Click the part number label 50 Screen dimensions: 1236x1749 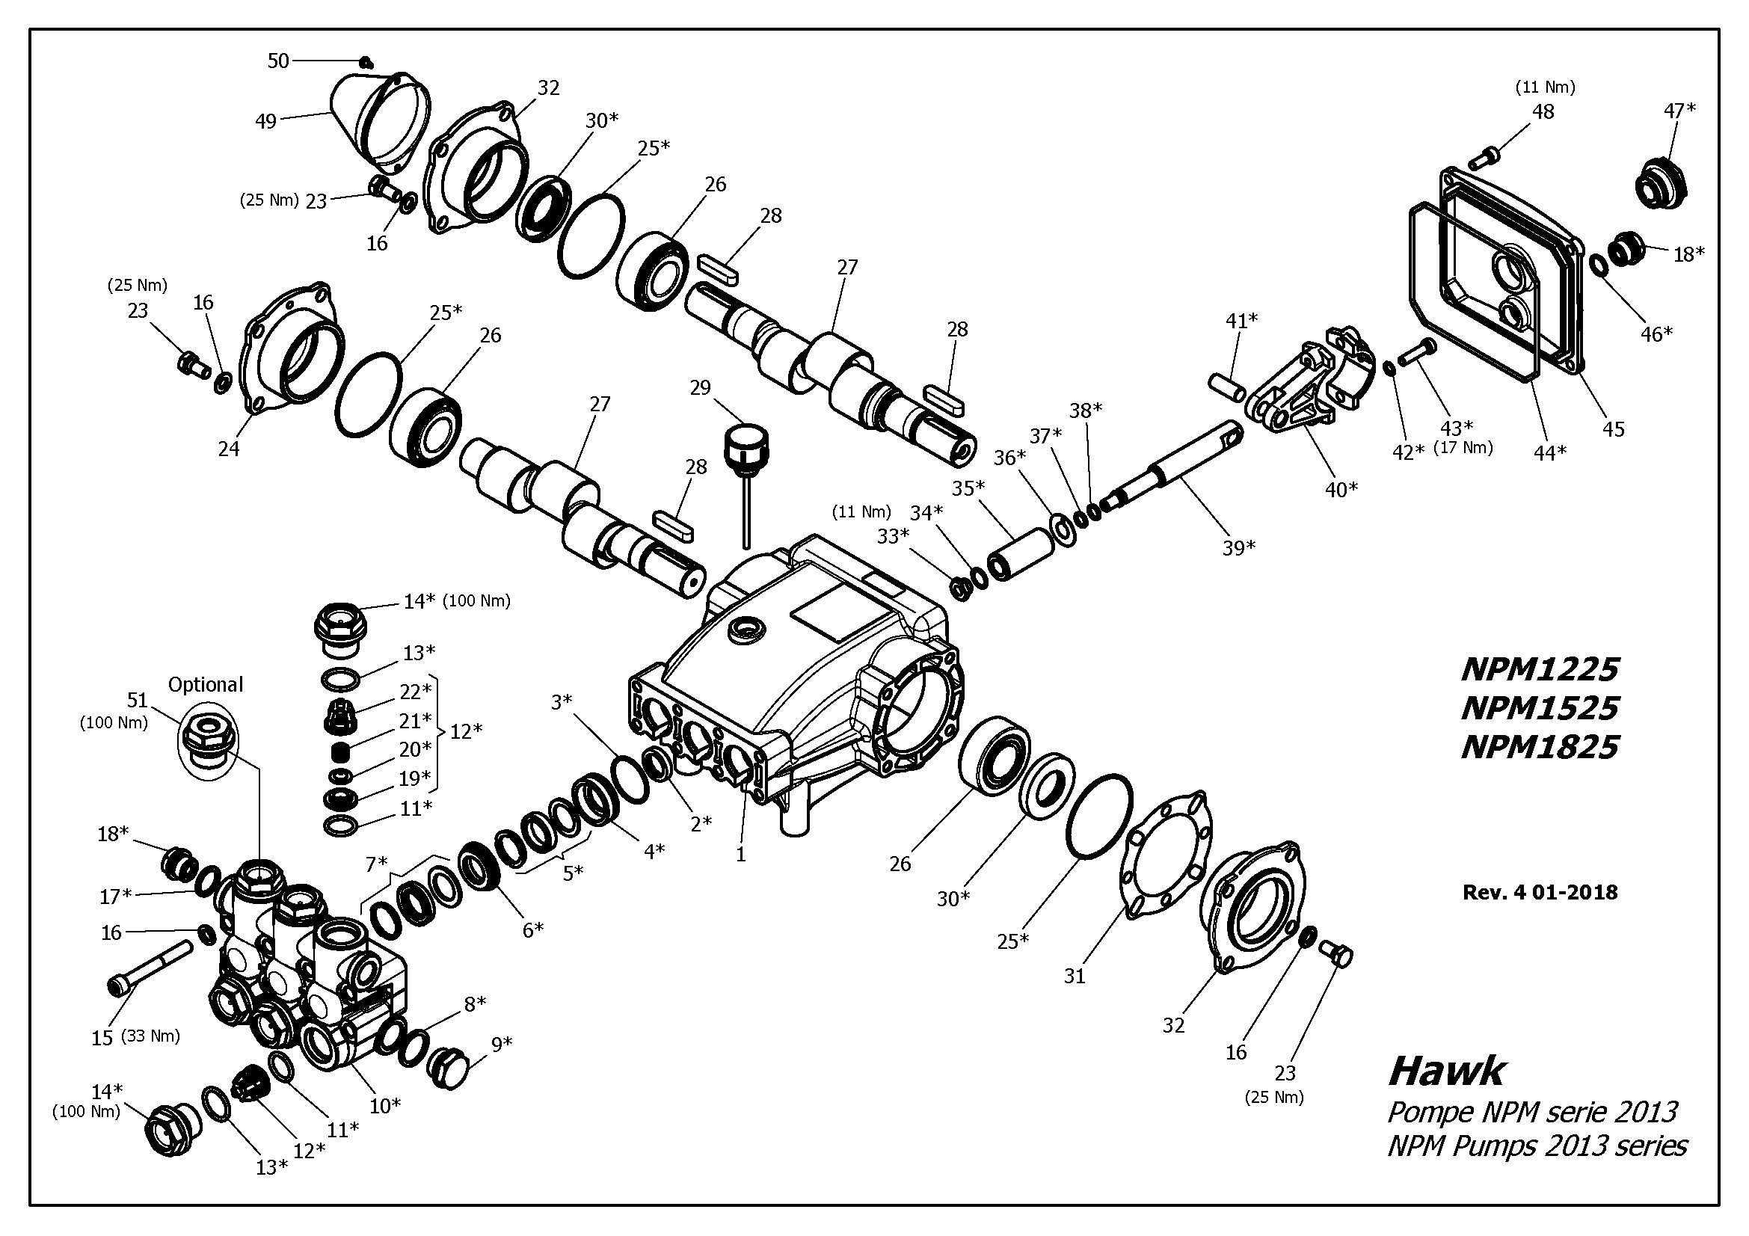(x=278, y=61)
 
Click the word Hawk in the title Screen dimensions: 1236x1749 (x=1446, y=1071)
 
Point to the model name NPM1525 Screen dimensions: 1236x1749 (x=1540, y=708)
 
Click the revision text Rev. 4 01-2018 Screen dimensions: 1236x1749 (x=1540, y=892)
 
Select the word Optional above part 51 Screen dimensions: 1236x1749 (x=205, y=684)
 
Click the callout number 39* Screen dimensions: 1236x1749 (x=1238, y=547)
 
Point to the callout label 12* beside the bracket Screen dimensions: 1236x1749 (x=466, y=731)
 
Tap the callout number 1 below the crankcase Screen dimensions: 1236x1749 (x=740, y=855)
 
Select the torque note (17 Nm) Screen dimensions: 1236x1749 (x=1463, y=447)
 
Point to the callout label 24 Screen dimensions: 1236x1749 (x=229, y=449)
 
